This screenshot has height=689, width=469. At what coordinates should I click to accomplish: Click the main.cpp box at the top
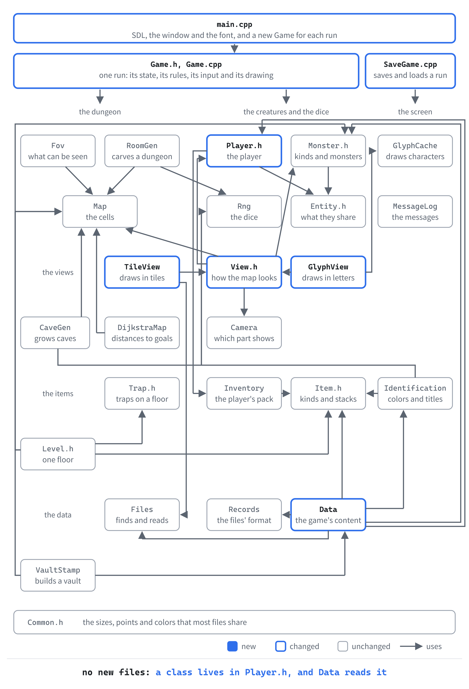tap(234, 29)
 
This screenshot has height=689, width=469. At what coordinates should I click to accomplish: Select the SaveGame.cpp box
tap(410, 71)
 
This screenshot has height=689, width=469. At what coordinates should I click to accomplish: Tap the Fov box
tap(58, 151)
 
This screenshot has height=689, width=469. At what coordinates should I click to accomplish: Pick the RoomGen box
tap(142, 151)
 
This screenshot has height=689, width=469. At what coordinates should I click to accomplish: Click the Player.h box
tap(244, 151)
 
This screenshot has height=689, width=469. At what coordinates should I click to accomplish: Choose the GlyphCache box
tap(415, 151)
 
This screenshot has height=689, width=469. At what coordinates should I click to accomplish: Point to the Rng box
tap(244, 211)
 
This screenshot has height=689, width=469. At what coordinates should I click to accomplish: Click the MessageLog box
tap(415, 211)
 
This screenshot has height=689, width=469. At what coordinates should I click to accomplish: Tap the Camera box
tap(244, 333)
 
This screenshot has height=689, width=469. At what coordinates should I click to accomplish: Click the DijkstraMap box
tap(142, 333)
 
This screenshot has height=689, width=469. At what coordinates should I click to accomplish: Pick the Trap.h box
tap(142, 393)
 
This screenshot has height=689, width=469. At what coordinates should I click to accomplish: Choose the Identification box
tap(415, 393)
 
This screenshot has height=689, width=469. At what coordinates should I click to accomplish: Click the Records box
tap(244, 515)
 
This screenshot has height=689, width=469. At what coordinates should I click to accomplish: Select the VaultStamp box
tap(58, 575)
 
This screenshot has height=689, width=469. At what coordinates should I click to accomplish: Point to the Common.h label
tap(45, 622)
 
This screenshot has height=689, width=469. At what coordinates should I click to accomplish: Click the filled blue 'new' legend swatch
tap(232, 646)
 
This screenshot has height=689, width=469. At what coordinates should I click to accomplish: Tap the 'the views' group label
tap(58, 272)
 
